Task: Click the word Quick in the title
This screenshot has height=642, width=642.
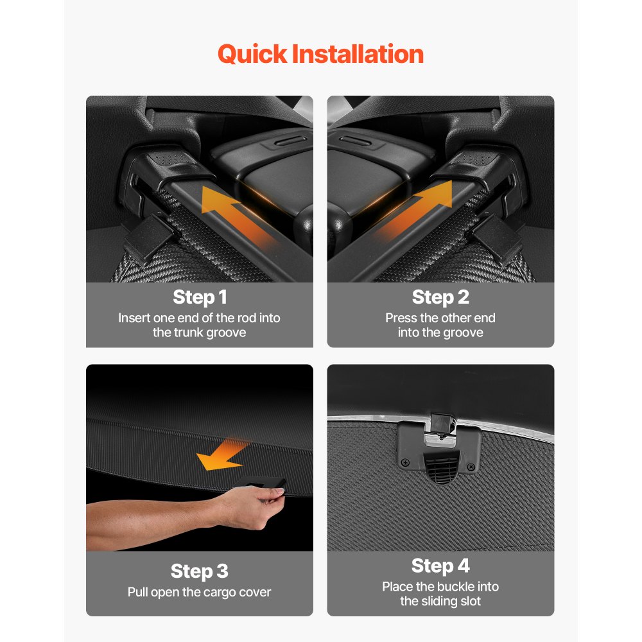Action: [x=252, y=55]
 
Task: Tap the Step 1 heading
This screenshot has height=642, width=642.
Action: [x=200, y=297]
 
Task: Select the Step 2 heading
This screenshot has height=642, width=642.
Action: [x=440, y=297]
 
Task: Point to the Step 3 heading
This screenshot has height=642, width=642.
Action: [x=200, y=571]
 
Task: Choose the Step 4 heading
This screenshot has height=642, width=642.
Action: [x=440, y=566]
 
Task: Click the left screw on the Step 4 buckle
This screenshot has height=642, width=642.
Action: [x=405, y=463]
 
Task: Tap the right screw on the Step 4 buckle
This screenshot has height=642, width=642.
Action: [x=471, y=467]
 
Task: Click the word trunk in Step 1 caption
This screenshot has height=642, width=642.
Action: [x=189, y=333]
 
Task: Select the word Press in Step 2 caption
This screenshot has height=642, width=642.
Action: [x=401, y=318]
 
